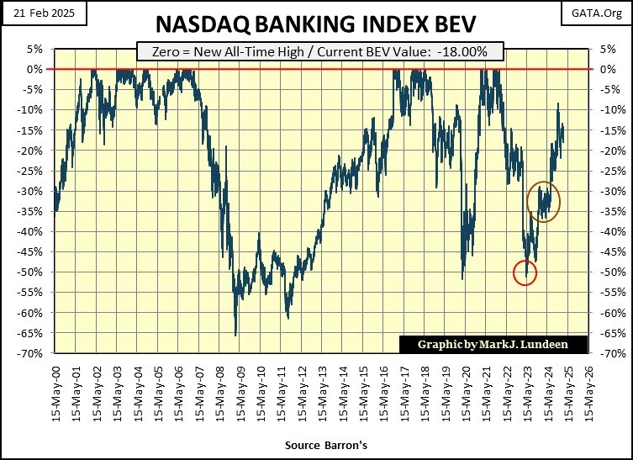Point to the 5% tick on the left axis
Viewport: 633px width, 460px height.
pyautogui.click(x=35, y=49)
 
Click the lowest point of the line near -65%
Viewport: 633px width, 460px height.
pyautogui.click(x=235, y=335)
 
